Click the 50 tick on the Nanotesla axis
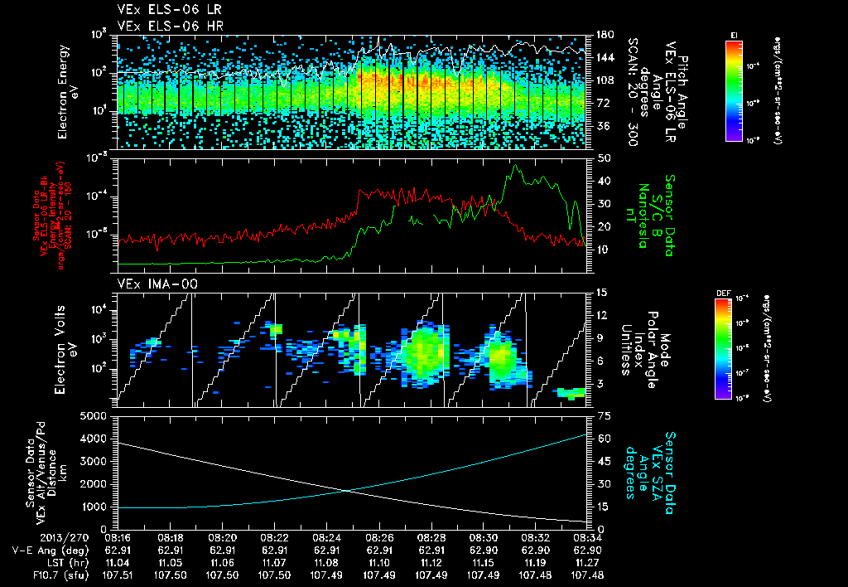[603, 158]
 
